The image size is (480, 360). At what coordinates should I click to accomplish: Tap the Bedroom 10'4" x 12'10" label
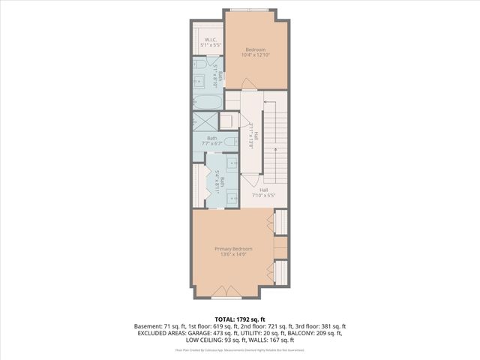256,51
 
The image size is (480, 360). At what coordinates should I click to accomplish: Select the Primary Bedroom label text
233,251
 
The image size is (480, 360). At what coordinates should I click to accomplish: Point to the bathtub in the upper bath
207,101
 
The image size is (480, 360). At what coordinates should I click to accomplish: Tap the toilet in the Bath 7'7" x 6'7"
231,140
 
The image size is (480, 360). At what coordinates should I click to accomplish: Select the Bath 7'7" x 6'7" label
212,140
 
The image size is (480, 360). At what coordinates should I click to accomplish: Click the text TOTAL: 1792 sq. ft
240,319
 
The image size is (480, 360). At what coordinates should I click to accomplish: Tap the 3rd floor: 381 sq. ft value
319,326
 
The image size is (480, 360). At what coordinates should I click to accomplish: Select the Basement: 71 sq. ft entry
157,326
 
